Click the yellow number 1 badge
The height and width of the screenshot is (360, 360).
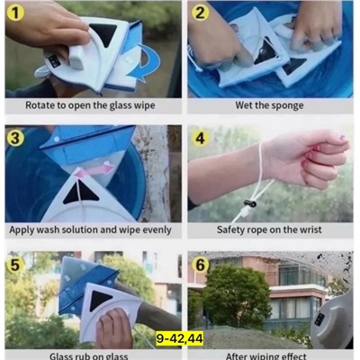click(x=15, y=13)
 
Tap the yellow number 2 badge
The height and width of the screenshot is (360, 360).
click(x=200, y=13)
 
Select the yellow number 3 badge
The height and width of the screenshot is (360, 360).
click(x=15, y=138)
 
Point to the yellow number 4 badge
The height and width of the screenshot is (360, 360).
click(x=200, y=139)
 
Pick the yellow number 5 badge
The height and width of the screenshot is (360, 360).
click(x=15, y=265)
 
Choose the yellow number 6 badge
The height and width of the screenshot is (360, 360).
click(x=200, y=265)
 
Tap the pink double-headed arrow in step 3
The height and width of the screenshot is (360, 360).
click(x=94, y=170)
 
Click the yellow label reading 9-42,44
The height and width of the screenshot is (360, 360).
click(x=180, y=339)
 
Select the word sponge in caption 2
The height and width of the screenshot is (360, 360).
click(x=288, y=106)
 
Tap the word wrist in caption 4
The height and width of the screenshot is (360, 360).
click(x=310, y=229)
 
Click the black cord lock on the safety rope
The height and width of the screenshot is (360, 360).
click(x=250, y=203)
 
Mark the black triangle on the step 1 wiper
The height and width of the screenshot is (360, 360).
click(x=103, y=33)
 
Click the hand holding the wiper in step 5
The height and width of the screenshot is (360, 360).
click(x=114, y=328)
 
